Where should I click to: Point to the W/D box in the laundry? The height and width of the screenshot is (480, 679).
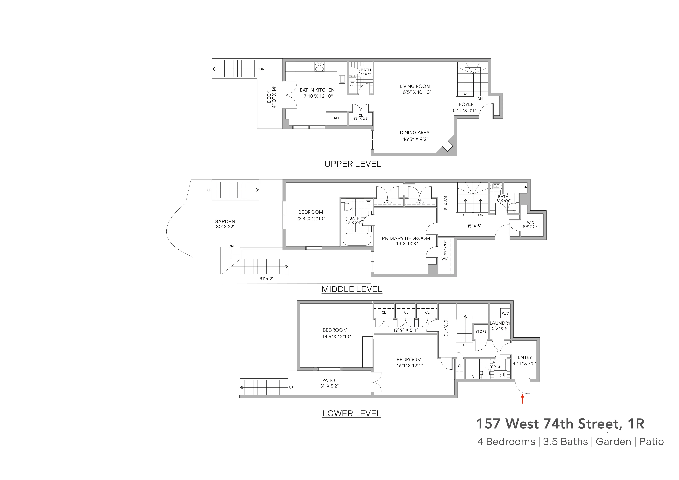pyautogui.click(x=505, y=313)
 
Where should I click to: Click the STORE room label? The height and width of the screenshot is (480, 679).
pyautogui.click(x=481, y=331)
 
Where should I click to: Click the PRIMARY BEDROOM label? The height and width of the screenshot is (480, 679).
pyautogui.click(x=406, y=238)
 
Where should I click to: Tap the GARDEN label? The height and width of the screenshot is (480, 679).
pyautogui.click(x=225, y=221)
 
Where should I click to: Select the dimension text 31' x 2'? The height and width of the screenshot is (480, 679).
pyautogui.click(x=266, y=279)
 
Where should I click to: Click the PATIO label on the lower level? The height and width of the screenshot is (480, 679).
pyautogui.click(x=329, y=380)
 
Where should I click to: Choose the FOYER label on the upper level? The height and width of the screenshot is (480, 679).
pyautogui.click(x=466, y=104)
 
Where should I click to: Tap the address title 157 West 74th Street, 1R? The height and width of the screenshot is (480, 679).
pyautogui.click(x=560, y=423)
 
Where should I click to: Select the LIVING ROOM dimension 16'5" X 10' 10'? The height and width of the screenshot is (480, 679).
pyautogui.click(x=416, y=92)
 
